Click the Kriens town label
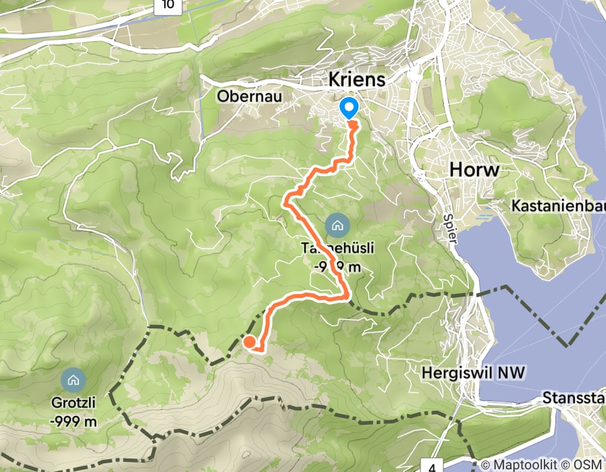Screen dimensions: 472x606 tap(357, 80)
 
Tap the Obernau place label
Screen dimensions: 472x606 tap(249, 96)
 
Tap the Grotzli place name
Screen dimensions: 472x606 tap(73, 404)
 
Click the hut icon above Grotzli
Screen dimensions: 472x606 tap(73, 380)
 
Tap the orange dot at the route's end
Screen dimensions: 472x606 tap(249, 342)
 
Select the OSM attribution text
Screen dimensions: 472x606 tap(591, 465)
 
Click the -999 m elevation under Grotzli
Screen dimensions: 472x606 tap(74, 421)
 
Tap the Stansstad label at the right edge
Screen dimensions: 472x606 tap(574, 399)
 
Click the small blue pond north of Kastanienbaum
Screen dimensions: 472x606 tap(484, 218)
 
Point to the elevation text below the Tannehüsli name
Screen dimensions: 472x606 tap(337, 266)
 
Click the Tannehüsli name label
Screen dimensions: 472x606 tap(337, 248)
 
